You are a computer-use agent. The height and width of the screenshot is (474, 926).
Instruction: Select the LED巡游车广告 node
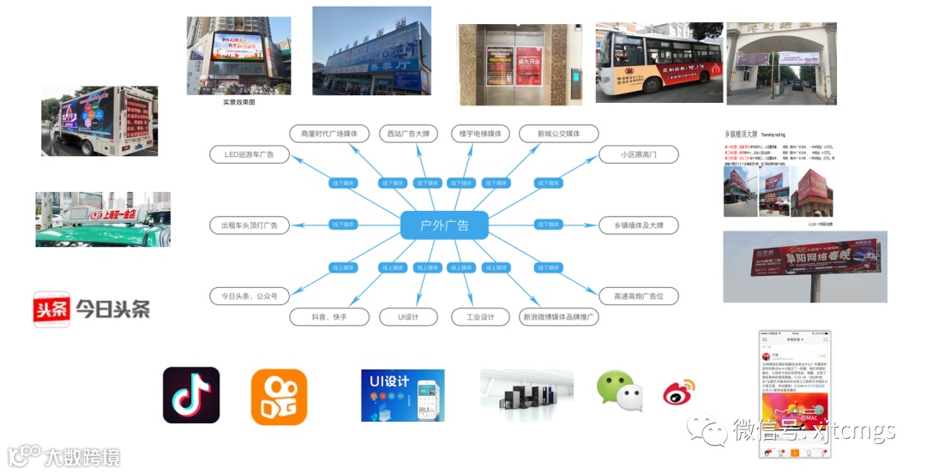pos(249,154)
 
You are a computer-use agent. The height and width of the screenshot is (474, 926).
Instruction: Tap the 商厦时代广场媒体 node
pos(329,134)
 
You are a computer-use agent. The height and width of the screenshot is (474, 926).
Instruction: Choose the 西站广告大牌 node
pos(409,134)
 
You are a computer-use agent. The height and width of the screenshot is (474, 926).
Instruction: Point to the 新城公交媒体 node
pos(558,134)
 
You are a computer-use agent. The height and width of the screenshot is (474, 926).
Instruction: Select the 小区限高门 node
pos(639,154)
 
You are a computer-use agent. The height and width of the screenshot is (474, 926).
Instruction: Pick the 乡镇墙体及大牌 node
pos(639,225)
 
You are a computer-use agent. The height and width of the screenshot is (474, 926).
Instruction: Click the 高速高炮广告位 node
pos(639,296)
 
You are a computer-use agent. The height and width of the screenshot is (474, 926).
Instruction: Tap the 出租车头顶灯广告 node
pos(249,225)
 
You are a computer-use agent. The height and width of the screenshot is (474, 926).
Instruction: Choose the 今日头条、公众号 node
pos(249,296)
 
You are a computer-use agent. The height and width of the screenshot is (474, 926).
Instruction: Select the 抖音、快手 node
pos(329,317)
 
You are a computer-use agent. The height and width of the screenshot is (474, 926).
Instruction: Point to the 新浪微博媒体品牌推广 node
pos(558,317)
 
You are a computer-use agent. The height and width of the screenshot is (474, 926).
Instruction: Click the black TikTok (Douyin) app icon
pos(191,395)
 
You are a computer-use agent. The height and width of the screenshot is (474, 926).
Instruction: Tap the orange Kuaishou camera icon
pos(279,397)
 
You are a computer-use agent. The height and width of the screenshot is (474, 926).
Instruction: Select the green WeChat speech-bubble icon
pos(620,391)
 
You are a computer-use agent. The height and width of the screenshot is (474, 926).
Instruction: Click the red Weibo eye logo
pos(678,393)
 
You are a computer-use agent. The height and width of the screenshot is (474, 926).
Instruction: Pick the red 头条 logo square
pos(51,309)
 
